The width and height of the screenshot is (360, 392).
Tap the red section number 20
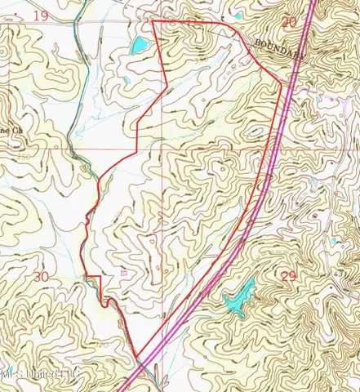click(x=288, y=21)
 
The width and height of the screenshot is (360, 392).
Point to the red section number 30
click(x=41, y=276)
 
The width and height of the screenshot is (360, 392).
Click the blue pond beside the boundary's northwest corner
click(x=137, y=45)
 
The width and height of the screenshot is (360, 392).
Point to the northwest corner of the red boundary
click(x=153, y=22)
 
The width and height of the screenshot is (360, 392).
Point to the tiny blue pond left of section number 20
click(x=238, y=16)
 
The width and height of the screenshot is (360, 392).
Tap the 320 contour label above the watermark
click(x=102, y=345)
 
